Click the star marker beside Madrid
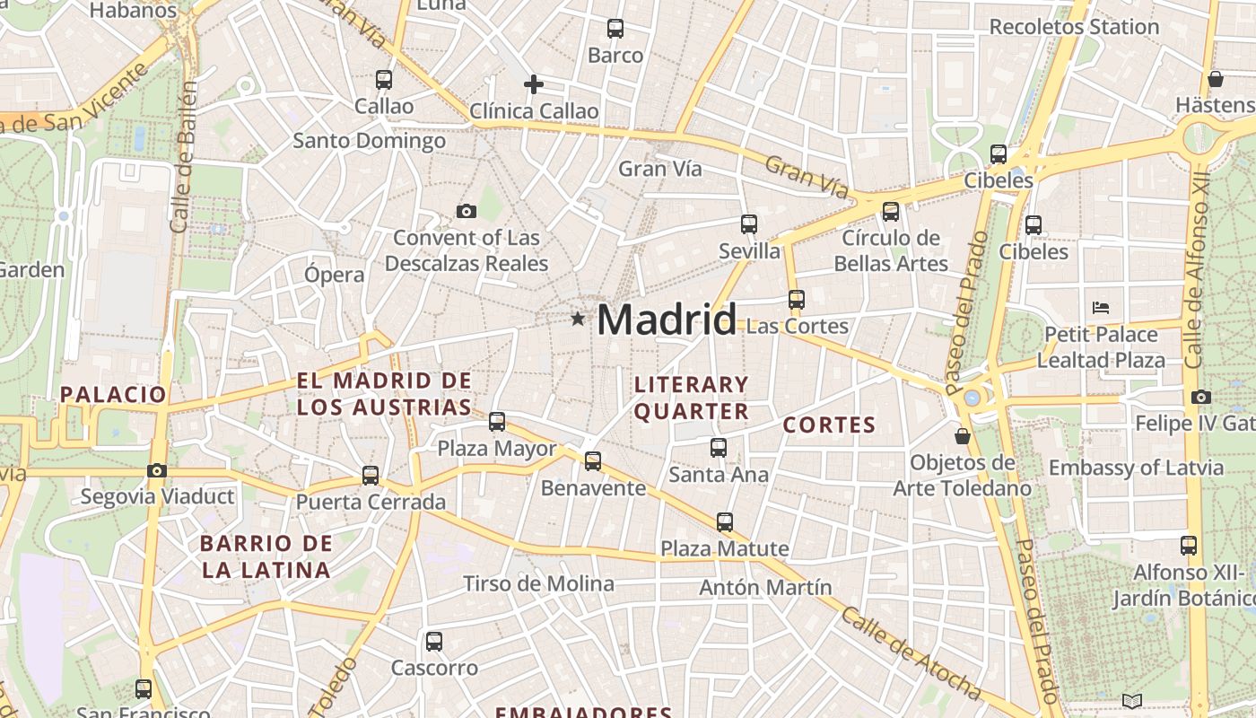tap(578, 319)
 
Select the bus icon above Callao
tap(384, 79)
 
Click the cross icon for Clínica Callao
tap(534, 84)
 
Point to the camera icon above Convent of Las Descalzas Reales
tap(467, 211)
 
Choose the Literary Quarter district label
tap(691, 398)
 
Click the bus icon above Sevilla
tap(749, 224)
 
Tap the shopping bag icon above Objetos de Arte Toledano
tap(963, 436)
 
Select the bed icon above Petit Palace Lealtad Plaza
tap(1101, 308)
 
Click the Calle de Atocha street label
tap(911, 653)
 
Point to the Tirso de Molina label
tap(538, 583)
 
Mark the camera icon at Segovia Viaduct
tap(157, 470)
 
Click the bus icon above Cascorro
tap(434, 642)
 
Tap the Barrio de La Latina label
tap(266, 556)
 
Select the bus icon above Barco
tap(615, 29)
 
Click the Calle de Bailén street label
tap(182, 157)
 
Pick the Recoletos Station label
tap(1074, 27)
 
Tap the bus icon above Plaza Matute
tap(725, 521)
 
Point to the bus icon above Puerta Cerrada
tap(371, 476)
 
